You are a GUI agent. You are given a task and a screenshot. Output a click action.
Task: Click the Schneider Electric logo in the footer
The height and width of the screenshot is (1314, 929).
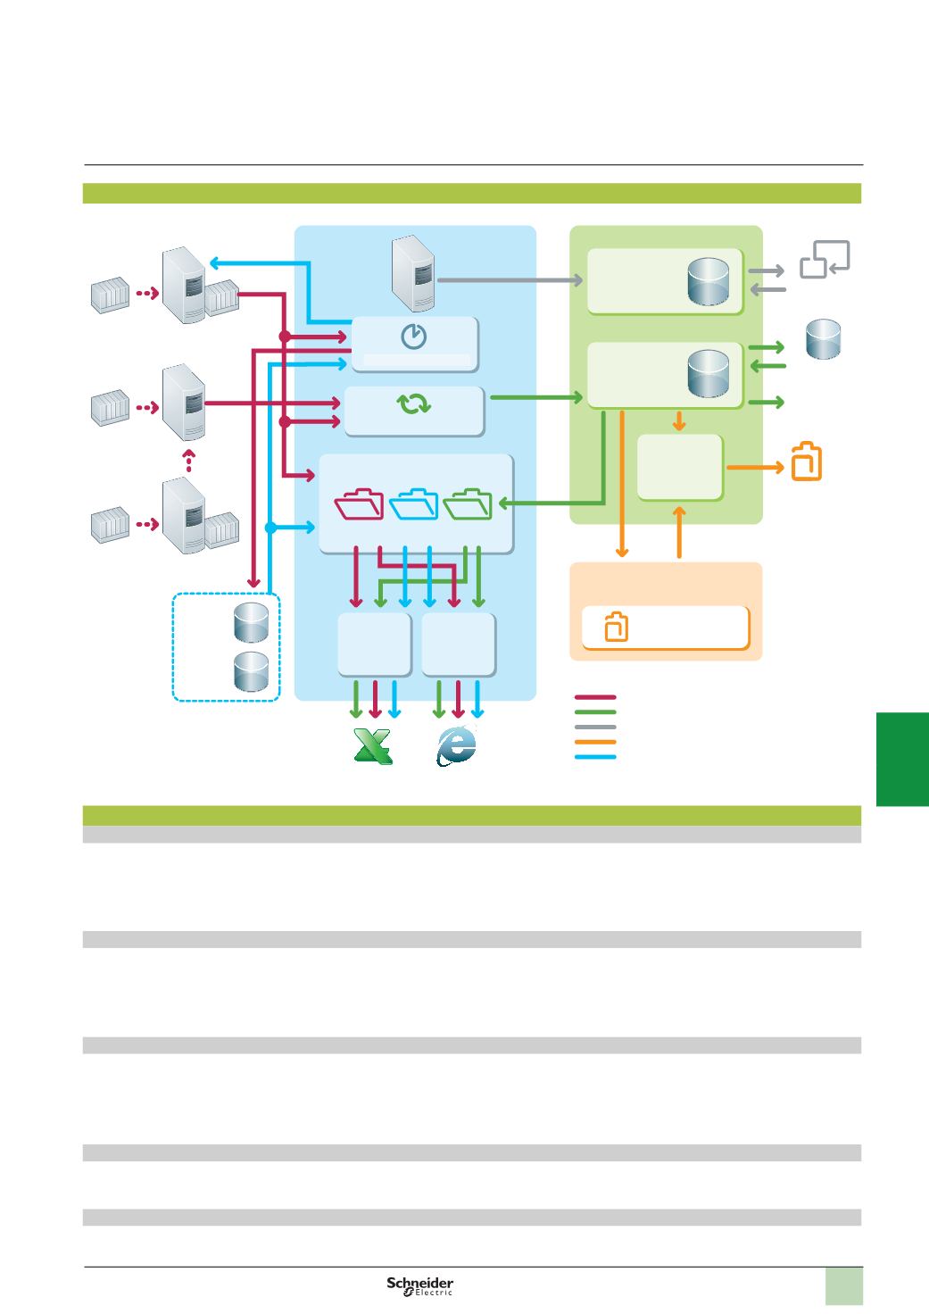pyautogui.click(x=420, y=1285)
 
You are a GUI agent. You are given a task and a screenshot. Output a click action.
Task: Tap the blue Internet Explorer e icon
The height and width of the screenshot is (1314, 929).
pyautogui.click(x=456, y=745)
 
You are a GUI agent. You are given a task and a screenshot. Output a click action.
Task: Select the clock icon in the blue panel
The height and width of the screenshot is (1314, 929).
pyautogui.click(x=413, y=337)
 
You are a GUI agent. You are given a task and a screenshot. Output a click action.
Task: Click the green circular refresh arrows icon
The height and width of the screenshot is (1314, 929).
pyautogui.click(x=414, y=403)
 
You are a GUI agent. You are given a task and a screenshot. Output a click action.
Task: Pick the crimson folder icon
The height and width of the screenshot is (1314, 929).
pyautogui.click(x=359, y=503)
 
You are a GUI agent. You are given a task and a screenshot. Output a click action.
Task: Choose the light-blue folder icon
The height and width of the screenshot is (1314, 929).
pyautogui.click(x=413, y=503)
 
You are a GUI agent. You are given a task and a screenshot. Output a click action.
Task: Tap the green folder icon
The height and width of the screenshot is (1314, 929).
pyautogui.click(x=468, y=503)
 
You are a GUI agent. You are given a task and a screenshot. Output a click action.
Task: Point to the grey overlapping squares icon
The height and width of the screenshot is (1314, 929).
pyautogui.click(x=825, y=259)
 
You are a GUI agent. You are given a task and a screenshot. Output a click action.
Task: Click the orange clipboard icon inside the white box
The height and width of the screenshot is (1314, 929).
pyautogui.click(x=616, y=627)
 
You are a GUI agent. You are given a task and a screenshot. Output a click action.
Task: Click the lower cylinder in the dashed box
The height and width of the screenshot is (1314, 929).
pyautogui.click(x=251, y=671)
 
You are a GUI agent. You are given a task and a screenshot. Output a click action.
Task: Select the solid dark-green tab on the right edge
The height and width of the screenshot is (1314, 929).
pyautogui.click(x=902, y=759)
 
